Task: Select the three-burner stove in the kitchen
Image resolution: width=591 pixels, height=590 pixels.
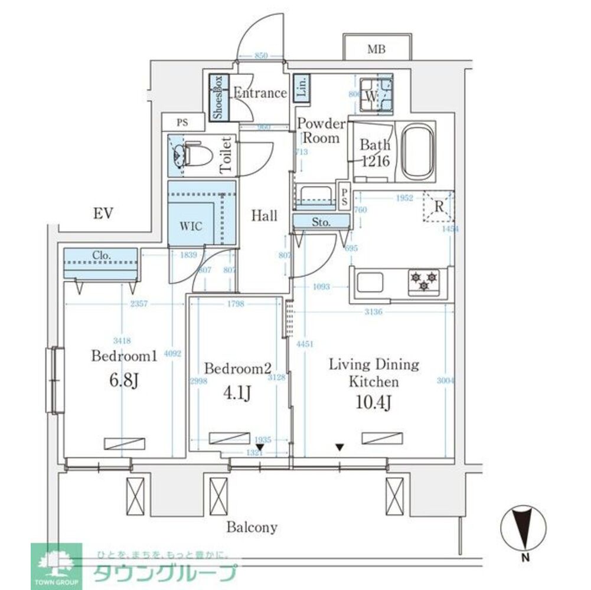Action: click(x=424, y=280)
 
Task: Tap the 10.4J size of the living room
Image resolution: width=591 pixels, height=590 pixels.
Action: click(x=374, y=404)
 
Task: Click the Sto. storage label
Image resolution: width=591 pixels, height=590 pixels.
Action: click(x=321, y=222)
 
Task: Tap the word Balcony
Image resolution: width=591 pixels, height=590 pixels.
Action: click(x=252, y=527)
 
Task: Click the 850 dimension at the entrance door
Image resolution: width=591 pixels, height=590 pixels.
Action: click(x=261, y=55)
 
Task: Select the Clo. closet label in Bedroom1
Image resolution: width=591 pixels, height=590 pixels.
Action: click(x=101, y=256)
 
